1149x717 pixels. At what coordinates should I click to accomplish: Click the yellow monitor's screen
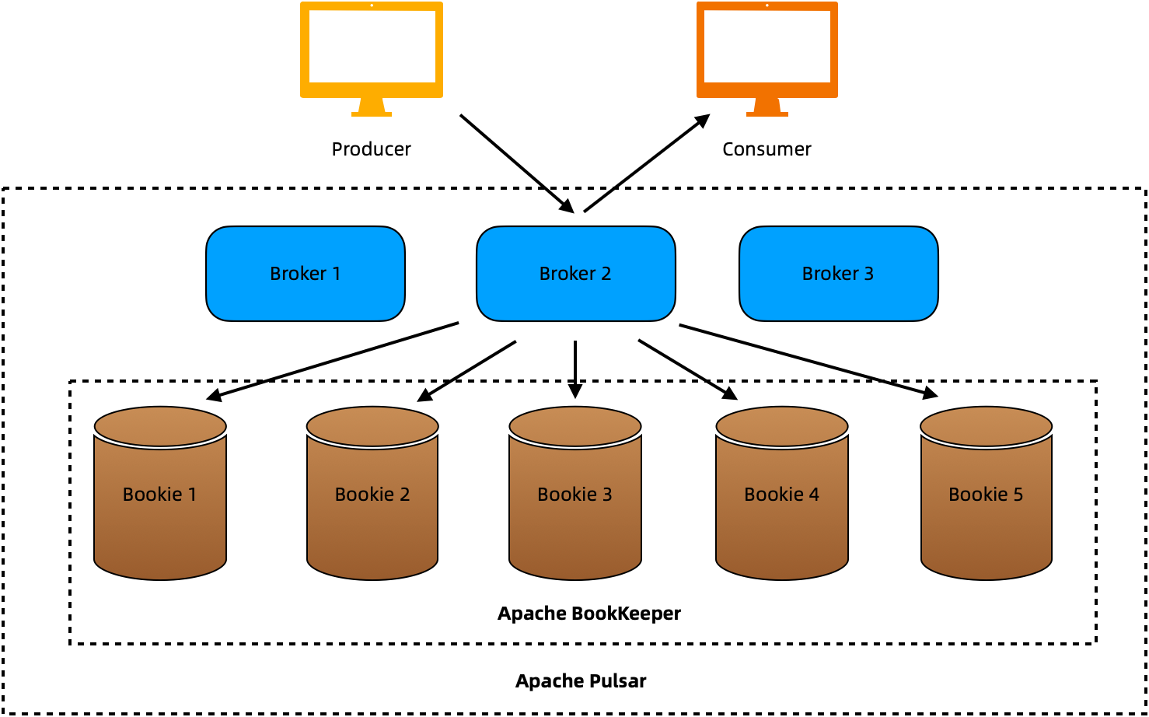(x=372, y=47)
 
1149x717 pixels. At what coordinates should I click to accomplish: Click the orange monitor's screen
(x=767, y=47)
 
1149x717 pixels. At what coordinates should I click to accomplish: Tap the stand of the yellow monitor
(x=372, y=107)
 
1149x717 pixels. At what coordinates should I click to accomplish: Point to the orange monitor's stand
(x=767, y=107)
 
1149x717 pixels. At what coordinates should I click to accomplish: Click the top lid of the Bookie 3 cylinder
(x=575, y=425)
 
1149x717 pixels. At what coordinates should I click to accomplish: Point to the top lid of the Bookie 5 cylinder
(x=986, y=425)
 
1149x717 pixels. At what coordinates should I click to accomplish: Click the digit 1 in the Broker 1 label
(x=337, y=274)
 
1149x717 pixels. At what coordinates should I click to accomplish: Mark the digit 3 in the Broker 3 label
(x=869, y=274)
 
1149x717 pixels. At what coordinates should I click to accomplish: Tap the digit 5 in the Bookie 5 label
(x=1018, y=495)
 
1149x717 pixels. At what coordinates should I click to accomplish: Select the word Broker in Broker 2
(x=568, y=274)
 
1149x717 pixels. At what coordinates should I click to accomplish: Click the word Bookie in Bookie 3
(x=567, y=495)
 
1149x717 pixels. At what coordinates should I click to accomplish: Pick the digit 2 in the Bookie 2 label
(x=405, y=495)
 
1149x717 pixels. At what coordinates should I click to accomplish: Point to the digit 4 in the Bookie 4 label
(x=814, y=495)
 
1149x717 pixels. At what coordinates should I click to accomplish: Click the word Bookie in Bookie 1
(x=152, y=495)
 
